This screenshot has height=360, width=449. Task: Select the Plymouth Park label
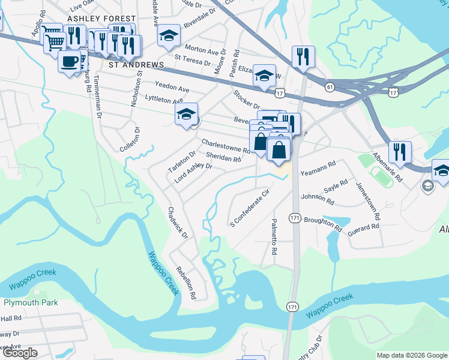pyautogui.click(x=29, y=302)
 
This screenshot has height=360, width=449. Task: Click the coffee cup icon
pyautogui.click(x=70, y=61)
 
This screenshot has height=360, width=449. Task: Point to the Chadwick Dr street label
pyautogui.click(x=178, y=222)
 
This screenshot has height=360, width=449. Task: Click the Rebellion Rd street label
pyautogui.click(x=186, y=282)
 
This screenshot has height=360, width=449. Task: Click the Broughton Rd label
pyautogui.click(x=323, y=224)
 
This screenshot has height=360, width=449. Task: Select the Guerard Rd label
pyautogui.click(x=364, y=227)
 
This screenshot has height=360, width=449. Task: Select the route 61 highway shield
pyautogui.click(x=330, y=87)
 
